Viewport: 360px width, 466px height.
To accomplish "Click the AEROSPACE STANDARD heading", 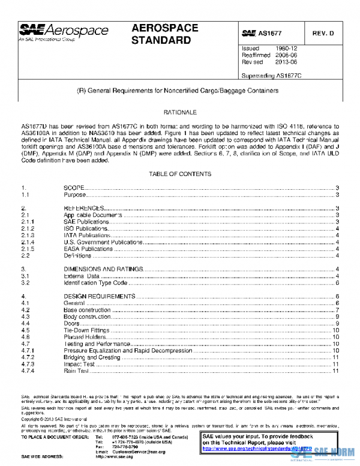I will coord(161,34).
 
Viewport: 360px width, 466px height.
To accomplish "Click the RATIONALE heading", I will coord(180,112).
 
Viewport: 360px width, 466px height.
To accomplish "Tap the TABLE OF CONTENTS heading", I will coord(180,174).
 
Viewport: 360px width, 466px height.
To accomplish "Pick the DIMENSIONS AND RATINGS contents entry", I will coord(103,268).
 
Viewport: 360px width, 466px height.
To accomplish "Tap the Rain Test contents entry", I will coord(76,371).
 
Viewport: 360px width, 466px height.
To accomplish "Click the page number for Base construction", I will coord(338,310).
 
